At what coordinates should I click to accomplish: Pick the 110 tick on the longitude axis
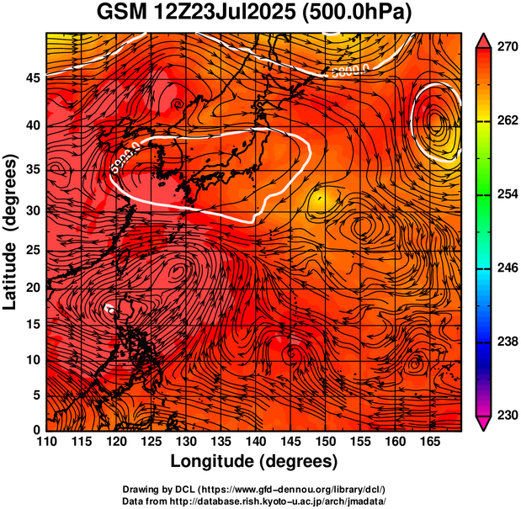(x=46, y=442)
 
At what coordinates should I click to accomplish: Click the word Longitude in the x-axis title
(x=215, y=461)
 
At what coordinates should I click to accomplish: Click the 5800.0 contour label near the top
(x=350, y=71)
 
